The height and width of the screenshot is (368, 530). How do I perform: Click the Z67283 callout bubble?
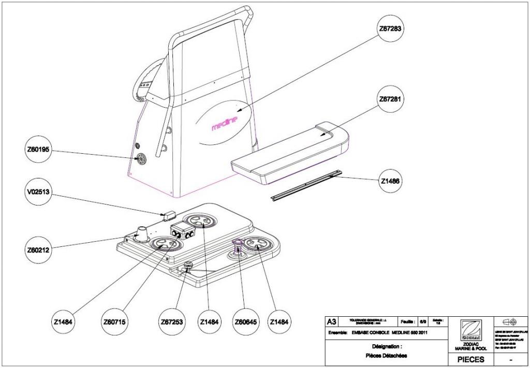tap(391, 29)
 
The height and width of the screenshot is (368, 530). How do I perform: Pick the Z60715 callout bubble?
tap(116, 321)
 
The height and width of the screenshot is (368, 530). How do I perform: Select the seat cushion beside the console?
tap(290, 153)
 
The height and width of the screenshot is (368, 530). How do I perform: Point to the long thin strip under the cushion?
tap(305, 184)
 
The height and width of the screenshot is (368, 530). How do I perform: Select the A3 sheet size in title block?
tap(331, 321)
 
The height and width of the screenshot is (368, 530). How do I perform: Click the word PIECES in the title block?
tap(470, 359)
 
